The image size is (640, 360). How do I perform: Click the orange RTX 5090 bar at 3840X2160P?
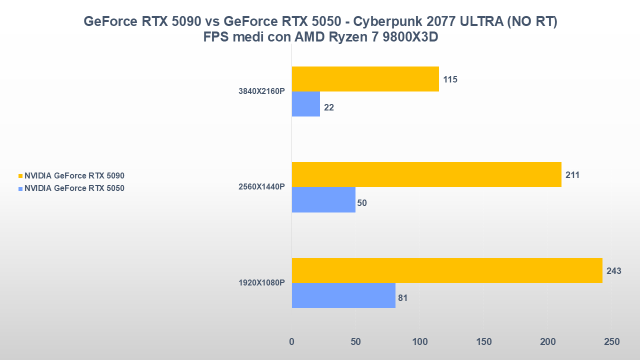(x=365, y=79)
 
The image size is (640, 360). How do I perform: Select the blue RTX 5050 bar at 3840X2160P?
(x=305, y=104)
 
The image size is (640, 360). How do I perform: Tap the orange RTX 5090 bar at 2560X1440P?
(x=426, y=174)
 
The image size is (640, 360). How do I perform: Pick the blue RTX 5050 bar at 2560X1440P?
(x=323, y=199)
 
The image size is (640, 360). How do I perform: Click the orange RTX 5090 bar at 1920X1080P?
(x=446, y=270)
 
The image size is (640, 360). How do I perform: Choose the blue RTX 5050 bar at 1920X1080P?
(x=343, y=295)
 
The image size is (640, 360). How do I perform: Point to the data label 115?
(x=450, y=79)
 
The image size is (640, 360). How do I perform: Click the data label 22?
(x=329, y=107)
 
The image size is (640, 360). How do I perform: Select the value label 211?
(x=572, y=175)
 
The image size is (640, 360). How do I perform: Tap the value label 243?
(x=613, y=271)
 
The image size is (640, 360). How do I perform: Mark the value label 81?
(x=403, y=298)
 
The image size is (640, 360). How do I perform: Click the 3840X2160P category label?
(x=261, y=91)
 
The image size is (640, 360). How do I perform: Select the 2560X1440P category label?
(x=261, y=187)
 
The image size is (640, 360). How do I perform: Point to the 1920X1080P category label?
(x=261, y=283)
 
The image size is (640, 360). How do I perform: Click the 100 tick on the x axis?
(x=419, y=342)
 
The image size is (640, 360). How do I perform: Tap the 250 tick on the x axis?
(x=611, y=342)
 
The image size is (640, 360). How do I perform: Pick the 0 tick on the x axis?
(x=292, y=342)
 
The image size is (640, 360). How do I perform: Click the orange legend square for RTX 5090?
(x=20, y=176)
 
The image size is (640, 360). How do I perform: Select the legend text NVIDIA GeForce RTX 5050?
(x=74, y=188)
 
